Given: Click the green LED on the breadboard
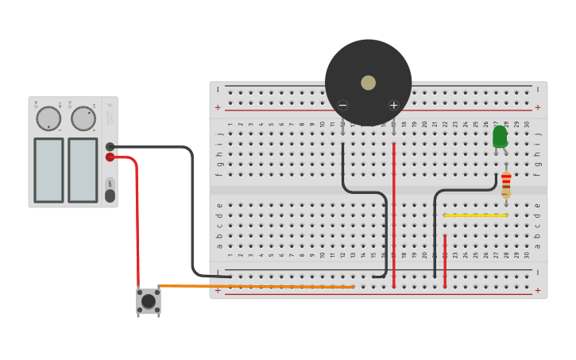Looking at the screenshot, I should click(500, 137).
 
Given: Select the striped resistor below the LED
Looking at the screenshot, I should click(506, 184).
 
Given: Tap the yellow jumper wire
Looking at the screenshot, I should click(475, 215).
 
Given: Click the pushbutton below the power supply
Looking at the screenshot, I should click(149, 301).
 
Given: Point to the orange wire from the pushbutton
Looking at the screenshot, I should click(254, 286).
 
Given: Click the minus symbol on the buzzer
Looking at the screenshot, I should click(342, 105).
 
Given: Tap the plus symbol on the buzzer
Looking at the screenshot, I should click(393, 105).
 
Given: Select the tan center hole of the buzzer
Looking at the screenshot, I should click(368, 83).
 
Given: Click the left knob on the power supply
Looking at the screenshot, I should click(48, 118).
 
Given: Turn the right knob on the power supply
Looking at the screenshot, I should click(83, 118).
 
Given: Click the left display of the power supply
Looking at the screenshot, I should click(48, 170).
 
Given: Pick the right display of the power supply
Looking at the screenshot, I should click(83, 170).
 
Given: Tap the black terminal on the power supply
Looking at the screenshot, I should click(110, 147).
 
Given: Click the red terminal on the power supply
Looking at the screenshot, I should click(110, 157).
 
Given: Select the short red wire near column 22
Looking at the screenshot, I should click(445, 261).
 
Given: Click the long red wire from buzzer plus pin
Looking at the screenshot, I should click(393, 215).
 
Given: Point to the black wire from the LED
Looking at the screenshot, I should click(435, 230).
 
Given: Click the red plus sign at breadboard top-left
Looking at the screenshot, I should click(218, 107).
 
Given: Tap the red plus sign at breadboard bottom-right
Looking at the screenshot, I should click(538, 291).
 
